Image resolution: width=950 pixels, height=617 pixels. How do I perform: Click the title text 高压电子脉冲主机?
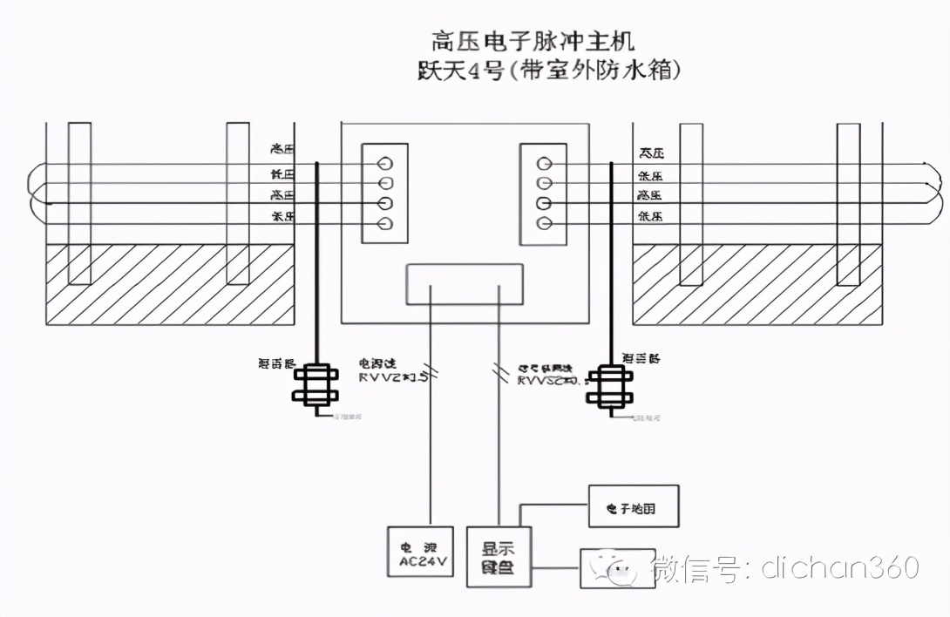point(533,40)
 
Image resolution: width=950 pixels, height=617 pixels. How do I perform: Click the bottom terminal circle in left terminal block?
point(384,225)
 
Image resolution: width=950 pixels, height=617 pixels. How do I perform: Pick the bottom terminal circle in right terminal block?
point(544,225)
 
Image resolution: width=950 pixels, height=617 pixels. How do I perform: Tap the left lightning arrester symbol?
point(315,386)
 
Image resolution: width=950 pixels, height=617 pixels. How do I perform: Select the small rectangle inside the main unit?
point(465,284)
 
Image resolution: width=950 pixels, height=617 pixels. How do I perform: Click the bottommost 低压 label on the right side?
point(650,215)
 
